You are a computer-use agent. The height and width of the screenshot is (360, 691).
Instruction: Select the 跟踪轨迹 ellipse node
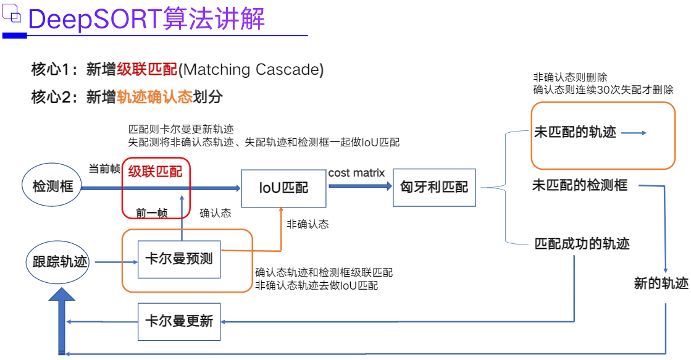(60, 262)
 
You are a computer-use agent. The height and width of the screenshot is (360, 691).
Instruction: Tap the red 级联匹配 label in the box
(155, 172)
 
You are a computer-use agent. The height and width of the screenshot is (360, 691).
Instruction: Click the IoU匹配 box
(283, 187)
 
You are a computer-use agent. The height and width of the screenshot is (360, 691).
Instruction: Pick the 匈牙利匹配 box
(434, 187)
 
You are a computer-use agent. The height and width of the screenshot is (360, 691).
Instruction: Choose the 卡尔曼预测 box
(179, 258)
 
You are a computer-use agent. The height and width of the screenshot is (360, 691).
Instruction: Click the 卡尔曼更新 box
(179, 321)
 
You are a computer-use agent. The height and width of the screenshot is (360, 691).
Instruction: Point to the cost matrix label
(356, 173)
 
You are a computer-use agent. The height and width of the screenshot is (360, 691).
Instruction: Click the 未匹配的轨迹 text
(575, 132)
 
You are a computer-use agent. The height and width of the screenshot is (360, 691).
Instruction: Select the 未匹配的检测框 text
(580, 185)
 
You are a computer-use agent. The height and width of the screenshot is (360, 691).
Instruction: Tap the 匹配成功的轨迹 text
(582, 243)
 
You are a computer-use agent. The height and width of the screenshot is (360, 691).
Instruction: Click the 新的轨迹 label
(661, 283)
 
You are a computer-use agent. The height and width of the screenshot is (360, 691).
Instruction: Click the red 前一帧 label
(152, 213)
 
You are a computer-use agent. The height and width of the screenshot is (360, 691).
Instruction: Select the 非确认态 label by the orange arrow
(308, 225)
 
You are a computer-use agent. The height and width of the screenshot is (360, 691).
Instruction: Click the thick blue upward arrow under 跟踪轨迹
(62, 318)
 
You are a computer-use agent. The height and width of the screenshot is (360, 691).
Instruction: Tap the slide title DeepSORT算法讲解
(147, 19)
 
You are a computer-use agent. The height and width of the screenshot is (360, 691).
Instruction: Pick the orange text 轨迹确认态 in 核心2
(154, 97)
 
